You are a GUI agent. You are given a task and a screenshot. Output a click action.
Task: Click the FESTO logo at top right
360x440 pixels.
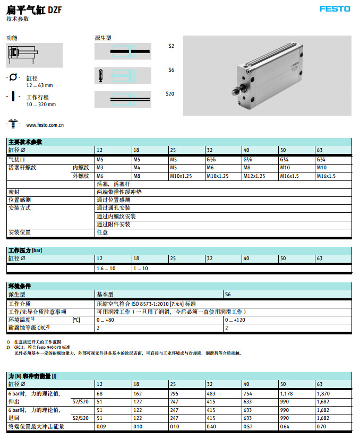pyautogui.click(x=335, y=9)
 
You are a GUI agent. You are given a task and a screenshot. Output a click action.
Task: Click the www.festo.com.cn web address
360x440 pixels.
pyautogui.click(x=45, y=125)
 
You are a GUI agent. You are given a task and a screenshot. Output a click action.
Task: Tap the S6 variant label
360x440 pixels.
pyautogui.click(x=171, y=70)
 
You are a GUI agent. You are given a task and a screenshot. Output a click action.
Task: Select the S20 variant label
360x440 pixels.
pyautogui.click(x=170, y=94)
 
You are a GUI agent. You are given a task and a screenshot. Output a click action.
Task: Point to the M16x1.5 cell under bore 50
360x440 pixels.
pyautogui.click(x=289, y=176)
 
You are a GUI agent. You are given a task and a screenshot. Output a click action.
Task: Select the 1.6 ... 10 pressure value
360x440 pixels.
pyautogui.click(x=106, y=269)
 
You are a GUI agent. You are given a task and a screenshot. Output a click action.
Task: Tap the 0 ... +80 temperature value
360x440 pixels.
pyautogui.click(x=105, y=320)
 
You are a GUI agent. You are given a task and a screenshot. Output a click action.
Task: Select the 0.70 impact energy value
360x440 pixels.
pyautogui.click(x=321, y=426)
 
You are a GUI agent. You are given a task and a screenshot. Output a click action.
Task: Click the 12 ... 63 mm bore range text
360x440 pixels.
pyautogui.click(x=39, y=85)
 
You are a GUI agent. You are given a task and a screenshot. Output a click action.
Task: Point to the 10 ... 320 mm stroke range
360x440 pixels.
pyautogui.click(x=41, y=105)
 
